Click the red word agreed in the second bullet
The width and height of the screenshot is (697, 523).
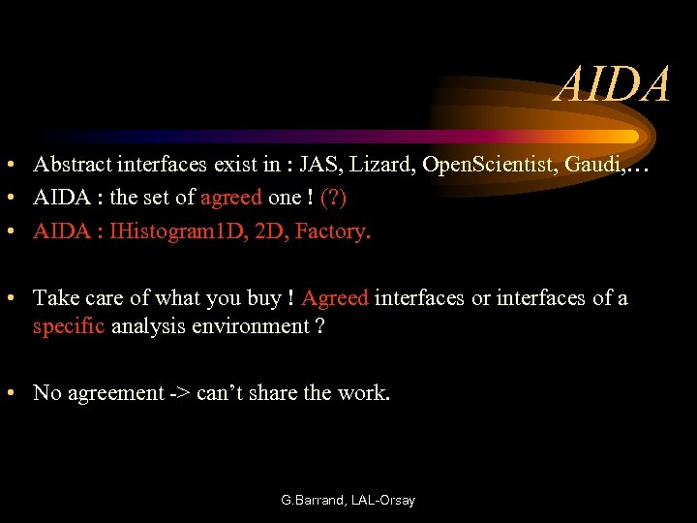[x=230, y=198]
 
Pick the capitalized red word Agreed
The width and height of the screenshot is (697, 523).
[x=335, y=297]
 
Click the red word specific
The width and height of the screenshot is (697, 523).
[x=69, y=325]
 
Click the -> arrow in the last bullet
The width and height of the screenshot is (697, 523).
[x=180, y=392]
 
